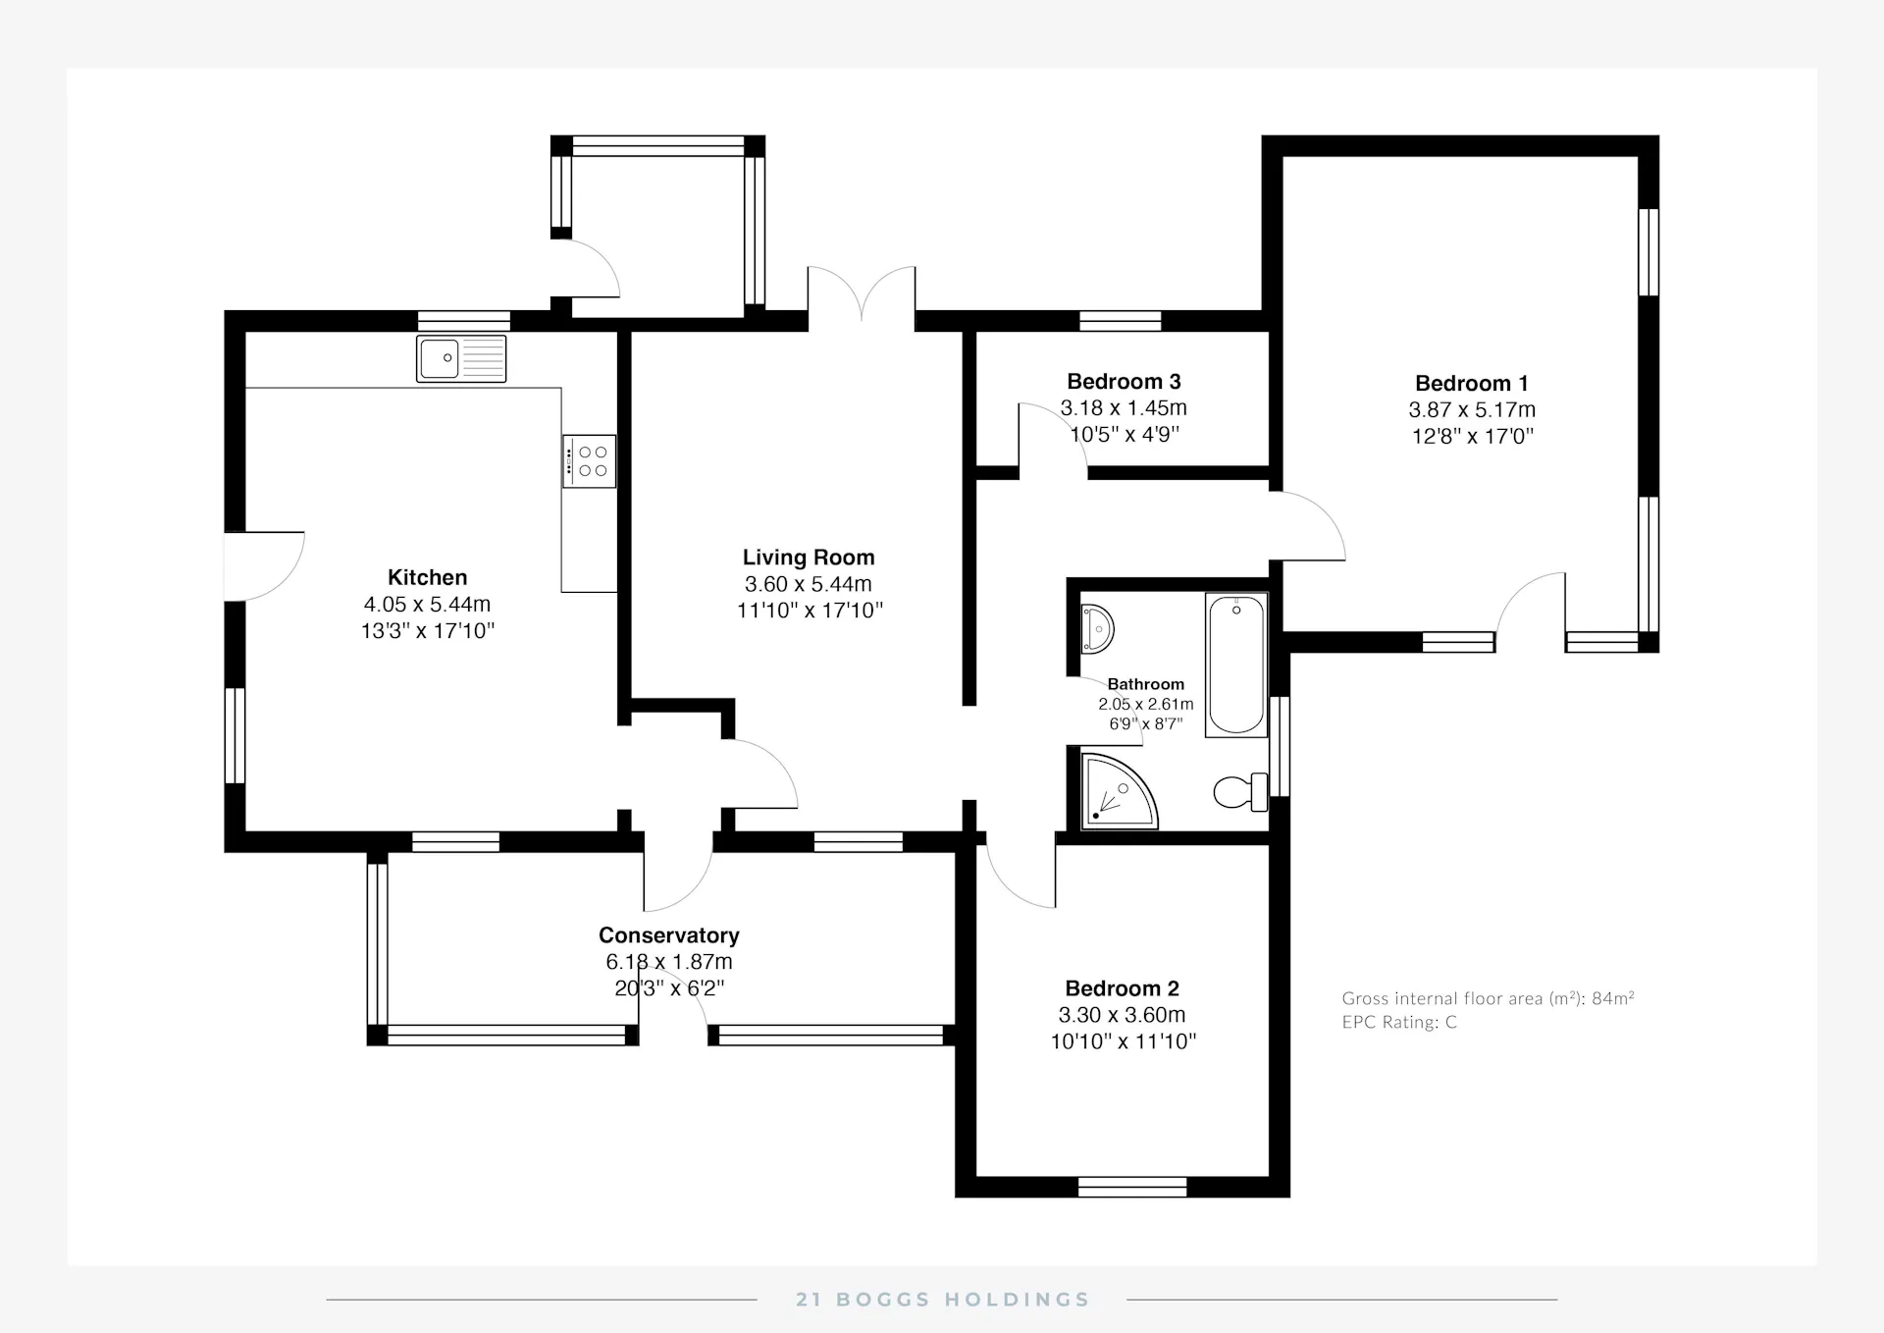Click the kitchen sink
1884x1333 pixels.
[x=461, y=358]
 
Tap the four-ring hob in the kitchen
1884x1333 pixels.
[x=589, y=461]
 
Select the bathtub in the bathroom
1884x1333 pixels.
[x=1236, y=665]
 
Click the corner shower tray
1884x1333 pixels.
[x=1119, y=790]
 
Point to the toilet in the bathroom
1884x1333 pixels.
[x=1240, y=792]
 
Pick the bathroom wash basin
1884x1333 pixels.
[x=1096, y=628]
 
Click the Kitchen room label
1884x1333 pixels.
[x=428, y=577]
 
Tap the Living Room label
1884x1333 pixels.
[x=809, y=558]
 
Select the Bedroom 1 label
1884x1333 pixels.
[x=1472, y=384]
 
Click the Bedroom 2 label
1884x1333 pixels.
[x=1123, y=988]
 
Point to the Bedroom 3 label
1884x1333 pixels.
[x=1125, y=382]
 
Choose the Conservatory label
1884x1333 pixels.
[x=669, y=935]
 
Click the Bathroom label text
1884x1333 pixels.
[x=1146, y=684]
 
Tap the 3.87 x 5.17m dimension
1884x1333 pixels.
[x=1472, y=410]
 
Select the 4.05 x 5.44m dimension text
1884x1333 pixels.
[x=428, y=605]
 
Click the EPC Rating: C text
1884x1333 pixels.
[x=1399, y=1022]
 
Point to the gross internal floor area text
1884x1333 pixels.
[x=1489, y=998]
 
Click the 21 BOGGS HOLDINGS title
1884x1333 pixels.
[x=943, y=1300]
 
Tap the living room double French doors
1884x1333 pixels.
[x=862, y=294]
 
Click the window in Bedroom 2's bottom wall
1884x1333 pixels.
[x=1132, y=1187]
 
